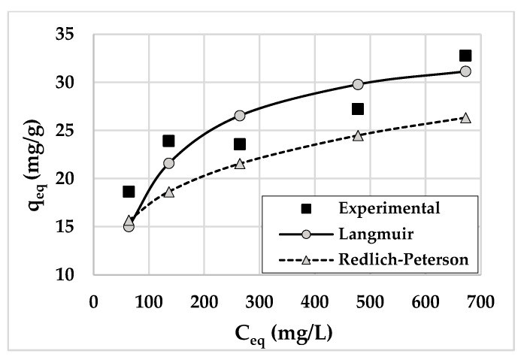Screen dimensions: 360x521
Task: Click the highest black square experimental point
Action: [465, 56]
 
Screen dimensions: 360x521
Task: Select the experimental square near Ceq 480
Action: [358, 109]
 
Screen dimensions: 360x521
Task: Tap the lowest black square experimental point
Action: [129, 192]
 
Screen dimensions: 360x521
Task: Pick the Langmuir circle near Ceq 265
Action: [240, 115]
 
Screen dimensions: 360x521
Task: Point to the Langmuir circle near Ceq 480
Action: [358, 84]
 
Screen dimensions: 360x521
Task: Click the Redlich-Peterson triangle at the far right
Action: [465, 117]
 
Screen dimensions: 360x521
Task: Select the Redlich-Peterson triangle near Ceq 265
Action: [240, 163]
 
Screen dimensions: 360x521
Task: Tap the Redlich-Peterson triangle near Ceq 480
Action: [358, 135]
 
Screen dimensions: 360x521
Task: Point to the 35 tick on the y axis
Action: [76, 35]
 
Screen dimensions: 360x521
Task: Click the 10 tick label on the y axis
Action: [76, 275]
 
